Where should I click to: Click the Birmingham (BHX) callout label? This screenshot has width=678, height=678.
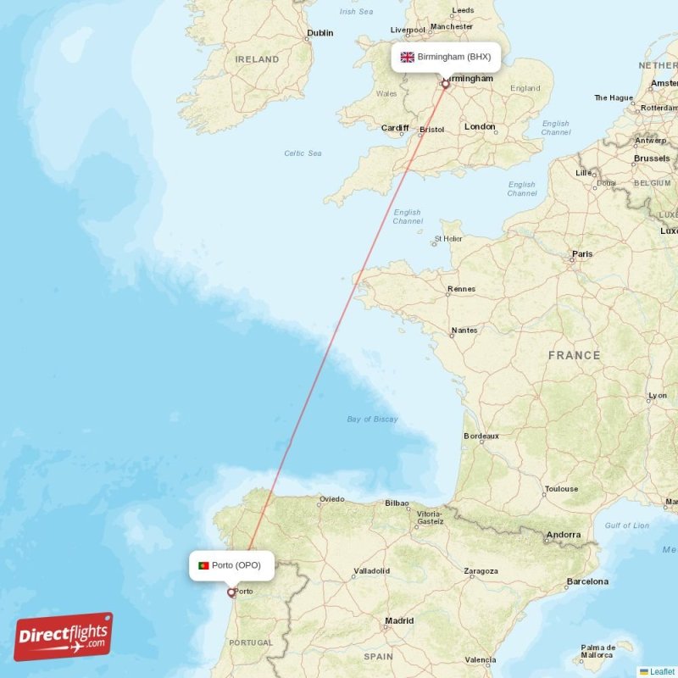point(445,57)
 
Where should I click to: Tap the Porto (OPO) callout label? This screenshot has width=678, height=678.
point(231,565)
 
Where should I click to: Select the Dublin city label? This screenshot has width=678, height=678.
point(320,33)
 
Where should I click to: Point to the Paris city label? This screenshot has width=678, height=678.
point(582,253)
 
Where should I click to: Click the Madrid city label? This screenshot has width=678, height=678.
point(399,621)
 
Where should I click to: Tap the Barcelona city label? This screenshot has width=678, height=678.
point(588,581)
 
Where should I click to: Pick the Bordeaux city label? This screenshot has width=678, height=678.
point(481,436)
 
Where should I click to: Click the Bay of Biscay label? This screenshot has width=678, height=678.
point(372,419)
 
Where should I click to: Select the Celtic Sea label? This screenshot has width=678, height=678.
point(303,153)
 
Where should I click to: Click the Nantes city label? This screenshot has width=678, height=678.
point(464,331)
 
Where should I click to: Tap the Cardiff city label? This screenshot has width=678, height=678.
point(395,128)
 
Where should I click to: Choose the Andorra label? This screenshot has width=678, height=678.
point(564,535)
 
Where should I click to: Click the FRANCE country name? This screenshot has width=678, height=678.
point(574,356)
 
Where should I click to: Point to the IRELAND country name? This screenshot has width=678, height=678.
point(257,59)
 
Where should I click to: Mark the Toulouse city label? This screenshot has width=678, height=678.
point(561,489)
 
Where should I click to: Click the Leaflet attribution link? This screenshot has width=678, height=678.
point(661,671)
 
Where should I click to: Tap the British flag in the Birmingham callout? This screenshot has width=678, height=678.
point(408,57)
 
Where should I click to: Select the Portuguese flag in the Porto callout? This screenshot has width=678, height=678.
point(203,565)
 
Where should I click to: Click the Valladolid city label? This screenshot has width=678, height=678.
point(372,571)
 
